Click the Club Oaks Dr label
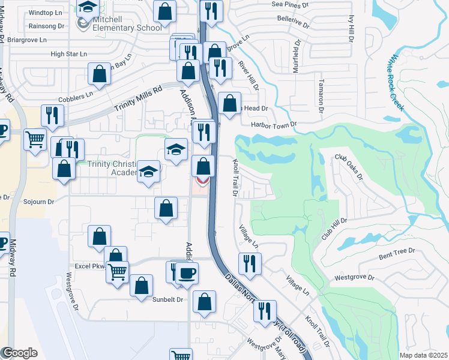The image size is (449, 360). tap(349, 166)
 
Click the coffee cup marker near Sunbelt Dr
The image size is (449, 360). tap(187, 274)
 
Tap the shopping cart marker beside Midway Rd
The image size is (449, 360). tap(35, 139)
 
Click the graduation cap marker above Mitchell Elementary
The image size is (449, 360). tap(88, 7)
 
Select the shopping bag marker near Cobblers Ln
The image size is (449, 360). tap(100, 74)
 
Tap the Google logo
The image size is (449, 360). tap(19, 353)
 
